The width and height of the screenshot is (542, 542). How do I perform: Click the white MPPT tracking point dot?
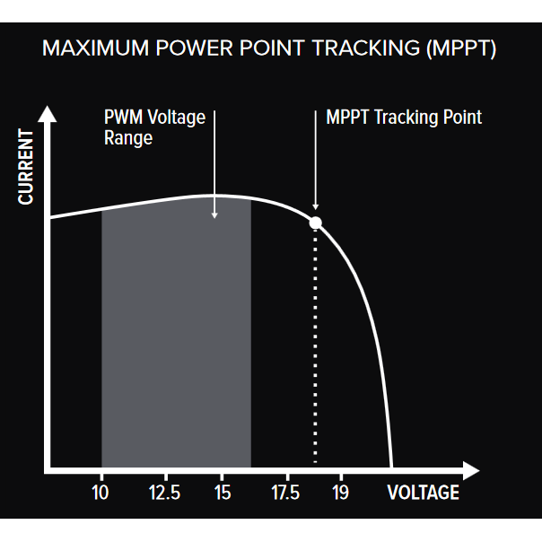(x=315, y=223)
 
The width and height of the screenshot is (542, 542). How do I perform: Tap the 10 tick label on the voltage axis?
(x=101, y=493)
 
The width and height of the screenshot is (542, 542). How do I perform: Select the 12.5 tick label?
(x=165, y=493)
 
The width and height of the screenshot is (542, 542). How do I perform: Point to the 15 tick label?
(x=223, y=493)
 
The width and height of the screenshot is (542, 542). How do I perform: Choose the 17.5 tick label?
(x=285, y=493)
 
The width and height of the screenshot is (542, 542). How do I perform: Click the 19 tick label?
(x=340, y=493)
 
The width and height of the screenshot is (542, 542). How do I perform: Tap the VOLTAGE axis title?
(x=423, y=493)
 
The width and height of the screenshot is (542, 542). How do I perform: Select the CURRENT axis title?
(x=27, y=167)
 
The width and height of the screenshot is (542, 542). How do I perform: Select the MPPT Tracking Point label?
(x=404, y=118)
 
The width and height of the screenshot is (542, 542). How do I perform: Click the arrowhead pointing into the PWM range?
(x=215, y=214)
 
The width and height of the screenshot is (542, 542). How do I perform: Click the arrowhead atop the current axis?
(x=49, y=115)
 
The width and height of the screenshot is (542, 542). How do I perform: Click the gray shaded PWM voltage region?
(x=175, y=341)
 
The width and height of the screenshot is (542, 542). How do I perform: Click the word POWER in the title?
(x=199, y=48)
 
